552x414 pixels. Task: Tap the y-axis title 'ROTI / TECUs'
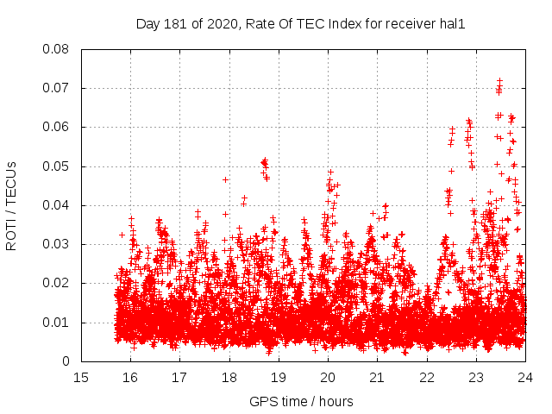(x=11, y=205)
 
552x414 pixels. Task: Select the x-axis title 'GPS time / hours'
(x=301, y=401)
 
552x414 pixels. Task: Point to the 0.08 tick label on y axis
(x=57, y=49)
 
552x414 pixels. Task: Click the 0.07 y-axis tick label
(x=57, y=88)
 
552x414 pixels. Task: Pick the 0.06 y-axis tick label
(x=57, y=127)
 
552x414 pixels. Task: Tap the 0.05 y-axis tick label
(x=57, y=166)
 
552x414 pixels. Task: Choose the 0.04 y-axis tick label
(x=57, y=205)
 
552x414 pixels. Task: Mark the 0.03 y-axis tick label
(x=57, y=244)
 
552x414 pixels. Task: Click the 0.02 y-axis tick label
(x=57, y=283)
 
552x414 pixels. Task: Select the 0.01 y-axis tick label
(x=57, y=323)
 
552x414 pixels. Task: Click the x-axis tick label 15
(x=81, y=378)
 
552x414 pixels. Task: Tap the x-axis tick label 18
(x=229, y=378)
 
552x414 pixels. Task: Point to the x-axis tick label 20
(x=328, y=378)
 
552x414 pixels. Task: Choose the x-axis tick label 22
(x=427, y=378)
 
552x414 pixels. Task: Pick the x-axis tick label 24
(x=525, y=378)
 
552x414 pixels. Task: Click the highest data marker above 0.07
(x=499, y=81)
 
